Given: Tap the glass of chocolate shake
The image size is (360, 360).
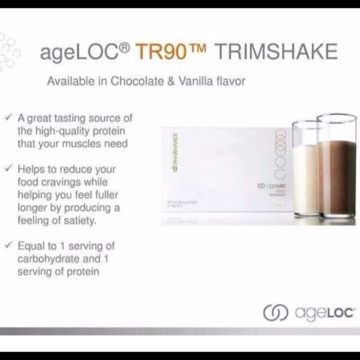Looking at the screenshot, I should (336, 169).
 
